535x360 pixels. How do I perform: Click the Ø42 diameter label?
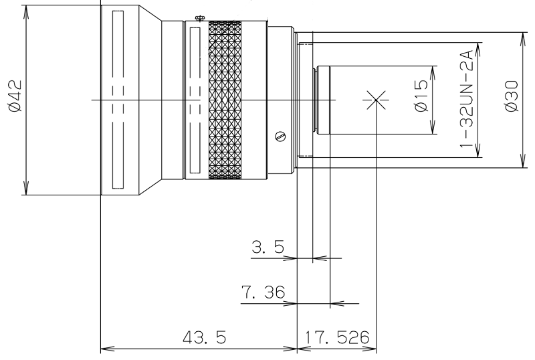[15, 96]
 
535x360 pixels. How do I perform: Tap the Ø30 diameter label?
[512, 96]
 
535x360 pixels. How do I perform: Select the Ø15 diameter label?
[421, 96]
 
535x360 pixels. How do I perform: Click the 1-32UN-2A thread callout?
[466, 99]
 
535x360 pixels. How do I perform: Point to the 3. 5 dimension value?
[268, 247]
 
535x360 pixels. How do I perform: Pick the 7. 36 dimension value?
[263, 292]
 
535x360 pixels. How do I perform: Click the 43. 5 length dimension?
[205, 337]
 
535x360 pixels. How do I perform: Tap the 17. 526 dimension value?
[337, 337]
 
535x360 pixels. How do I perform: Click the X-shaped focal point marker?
[376, 100]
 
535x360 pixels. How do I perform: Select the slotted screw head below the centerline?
[280, 137]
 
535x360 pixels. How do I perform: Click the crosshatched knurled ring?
[225, 100]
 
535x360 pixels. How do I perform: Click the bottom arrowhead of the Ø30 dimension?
[523, 161]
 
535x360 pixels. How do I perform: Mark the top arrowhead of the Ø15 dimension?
[433, 73]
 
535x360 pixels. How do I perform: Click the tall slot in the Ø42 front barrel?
[118, 100]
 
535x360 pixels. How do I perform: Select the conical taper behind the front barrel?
[150, 100]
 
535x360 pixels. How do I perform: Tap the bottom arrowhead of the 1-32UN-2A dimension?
[477, 151]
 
